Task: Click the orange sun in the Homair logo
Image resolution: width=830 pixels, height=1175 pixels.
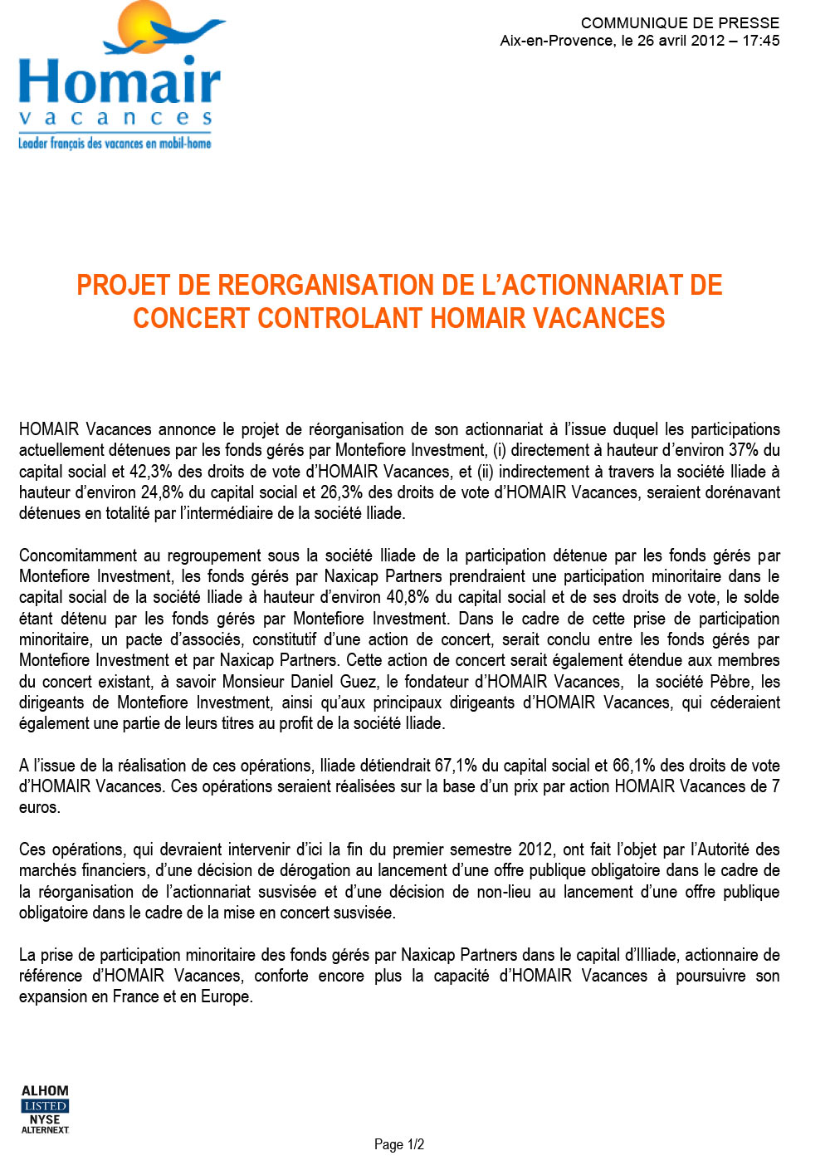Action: pos(143,27)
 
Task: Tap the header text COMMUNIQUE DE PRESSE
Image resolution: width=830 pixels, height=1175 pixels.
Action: pos(680,23)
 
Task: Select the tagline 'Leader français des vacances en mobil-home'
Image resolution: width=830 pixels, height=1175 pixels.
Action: pos(115,144)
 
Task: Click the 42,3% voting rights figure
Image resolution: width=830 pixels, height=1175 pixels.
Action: pos(151,472)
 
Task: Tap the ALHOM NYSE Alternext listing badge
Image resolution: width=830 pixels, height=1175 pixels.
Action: pos(45,1109)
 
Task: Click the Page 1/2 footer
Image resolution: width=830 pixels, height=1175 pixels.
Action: pos(399,1144)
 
